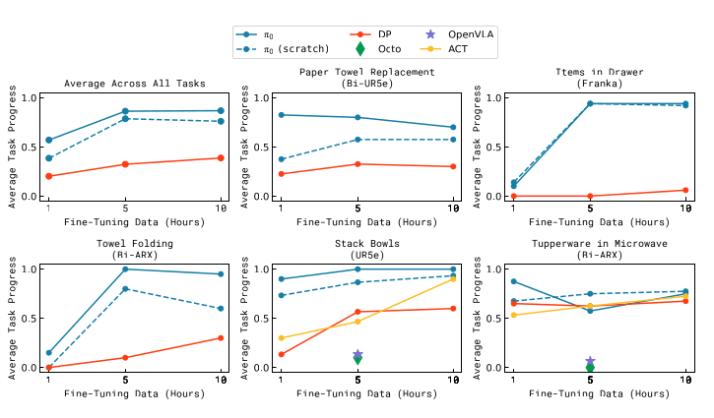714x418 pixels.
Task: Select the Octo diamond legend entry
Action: (x=360, y=47)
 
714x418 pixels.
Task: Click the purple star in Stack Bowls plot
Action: (x=357, y=354)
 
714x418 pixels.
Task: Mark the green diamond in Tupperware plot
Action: (x=589, y=367)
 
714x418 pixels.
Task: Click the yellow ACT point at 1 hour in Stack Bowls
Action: (x=281, y=338)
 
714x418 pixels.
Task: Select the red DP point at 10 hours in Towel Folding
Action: (x=220, y=338)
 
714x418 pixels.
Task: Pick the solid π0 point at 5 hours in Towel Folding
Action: (x=125, y=269)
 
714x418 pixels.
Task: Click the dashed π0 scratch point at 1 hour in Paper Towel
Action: (x=281, y=159)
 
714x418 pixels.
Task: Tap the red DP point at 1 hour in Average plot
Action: (x=48, y=176)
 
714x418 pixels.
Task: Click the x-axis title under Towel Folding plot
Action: (x=135, y=393)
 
